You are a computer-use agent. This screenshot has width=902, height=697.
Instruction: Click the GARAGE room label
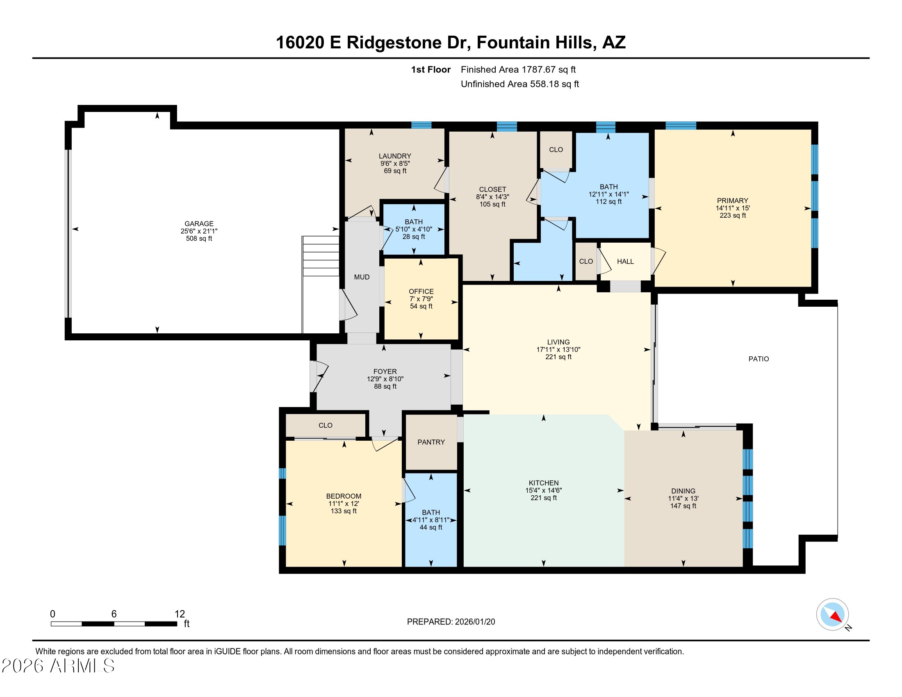pyautogui.click(x=199, y=223)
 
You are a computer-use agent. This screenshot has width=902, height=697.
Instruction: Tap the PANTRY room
pyautogui.click(x=431, y=442)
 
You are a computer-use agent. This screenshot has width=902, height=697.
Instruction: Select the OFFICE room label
pyautogui.click(x=421, y=291)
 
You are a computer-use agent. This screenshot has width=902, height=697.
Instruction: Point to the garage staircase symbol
pyautogui.click(x=321, y=256)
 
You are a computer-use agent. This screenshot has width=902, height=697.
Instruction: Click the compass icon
pyautogui.click(x=832, y=614)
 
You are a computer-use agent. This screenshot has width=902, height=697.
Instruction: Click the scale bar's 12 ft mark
pyautogui.click(x=179, y=614)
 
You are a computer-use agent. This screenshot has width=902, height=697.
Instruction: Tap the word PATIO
pyautogui.click(x=758, y=359)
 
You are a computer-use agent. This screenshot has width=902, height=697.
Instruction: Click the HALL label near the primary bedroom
pyautogui.click(x=625, y=262)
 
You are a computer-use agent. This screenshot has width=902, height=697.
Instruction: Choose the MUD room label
pyautogui.click(x=361, y=277)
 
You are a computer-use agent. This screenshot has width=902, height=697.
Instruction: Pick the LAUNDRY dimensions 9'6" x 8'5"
pyautogui.click(x=395, y=164)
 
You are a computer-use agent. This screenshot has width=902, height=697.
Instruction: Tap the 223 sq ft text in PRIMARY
pyautogui.click(x=732, y=215)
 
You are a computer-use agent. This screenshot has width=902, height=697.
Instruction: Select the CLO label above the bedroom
pyautogui.click(x=325, y=425)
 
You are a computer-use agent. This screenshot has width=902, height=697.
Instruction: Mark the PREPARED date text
pyautogui.click(x=451, y=622)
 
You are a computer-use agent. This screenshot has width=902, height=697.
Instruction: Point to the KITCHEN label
pyautogui.click(x=543, y=483)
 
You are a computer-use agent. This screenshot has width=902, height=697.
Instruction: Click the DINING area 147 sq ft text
pyautogui.click(x=683, y=506)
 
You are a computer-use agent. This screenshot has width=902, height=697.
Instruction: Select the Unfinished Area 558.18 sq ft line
pyautogui.click(x=519, y=84)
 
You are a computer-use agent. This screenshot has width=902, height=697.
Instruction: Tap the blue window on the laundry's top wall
pyautogui.click(x=421, y=125)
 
